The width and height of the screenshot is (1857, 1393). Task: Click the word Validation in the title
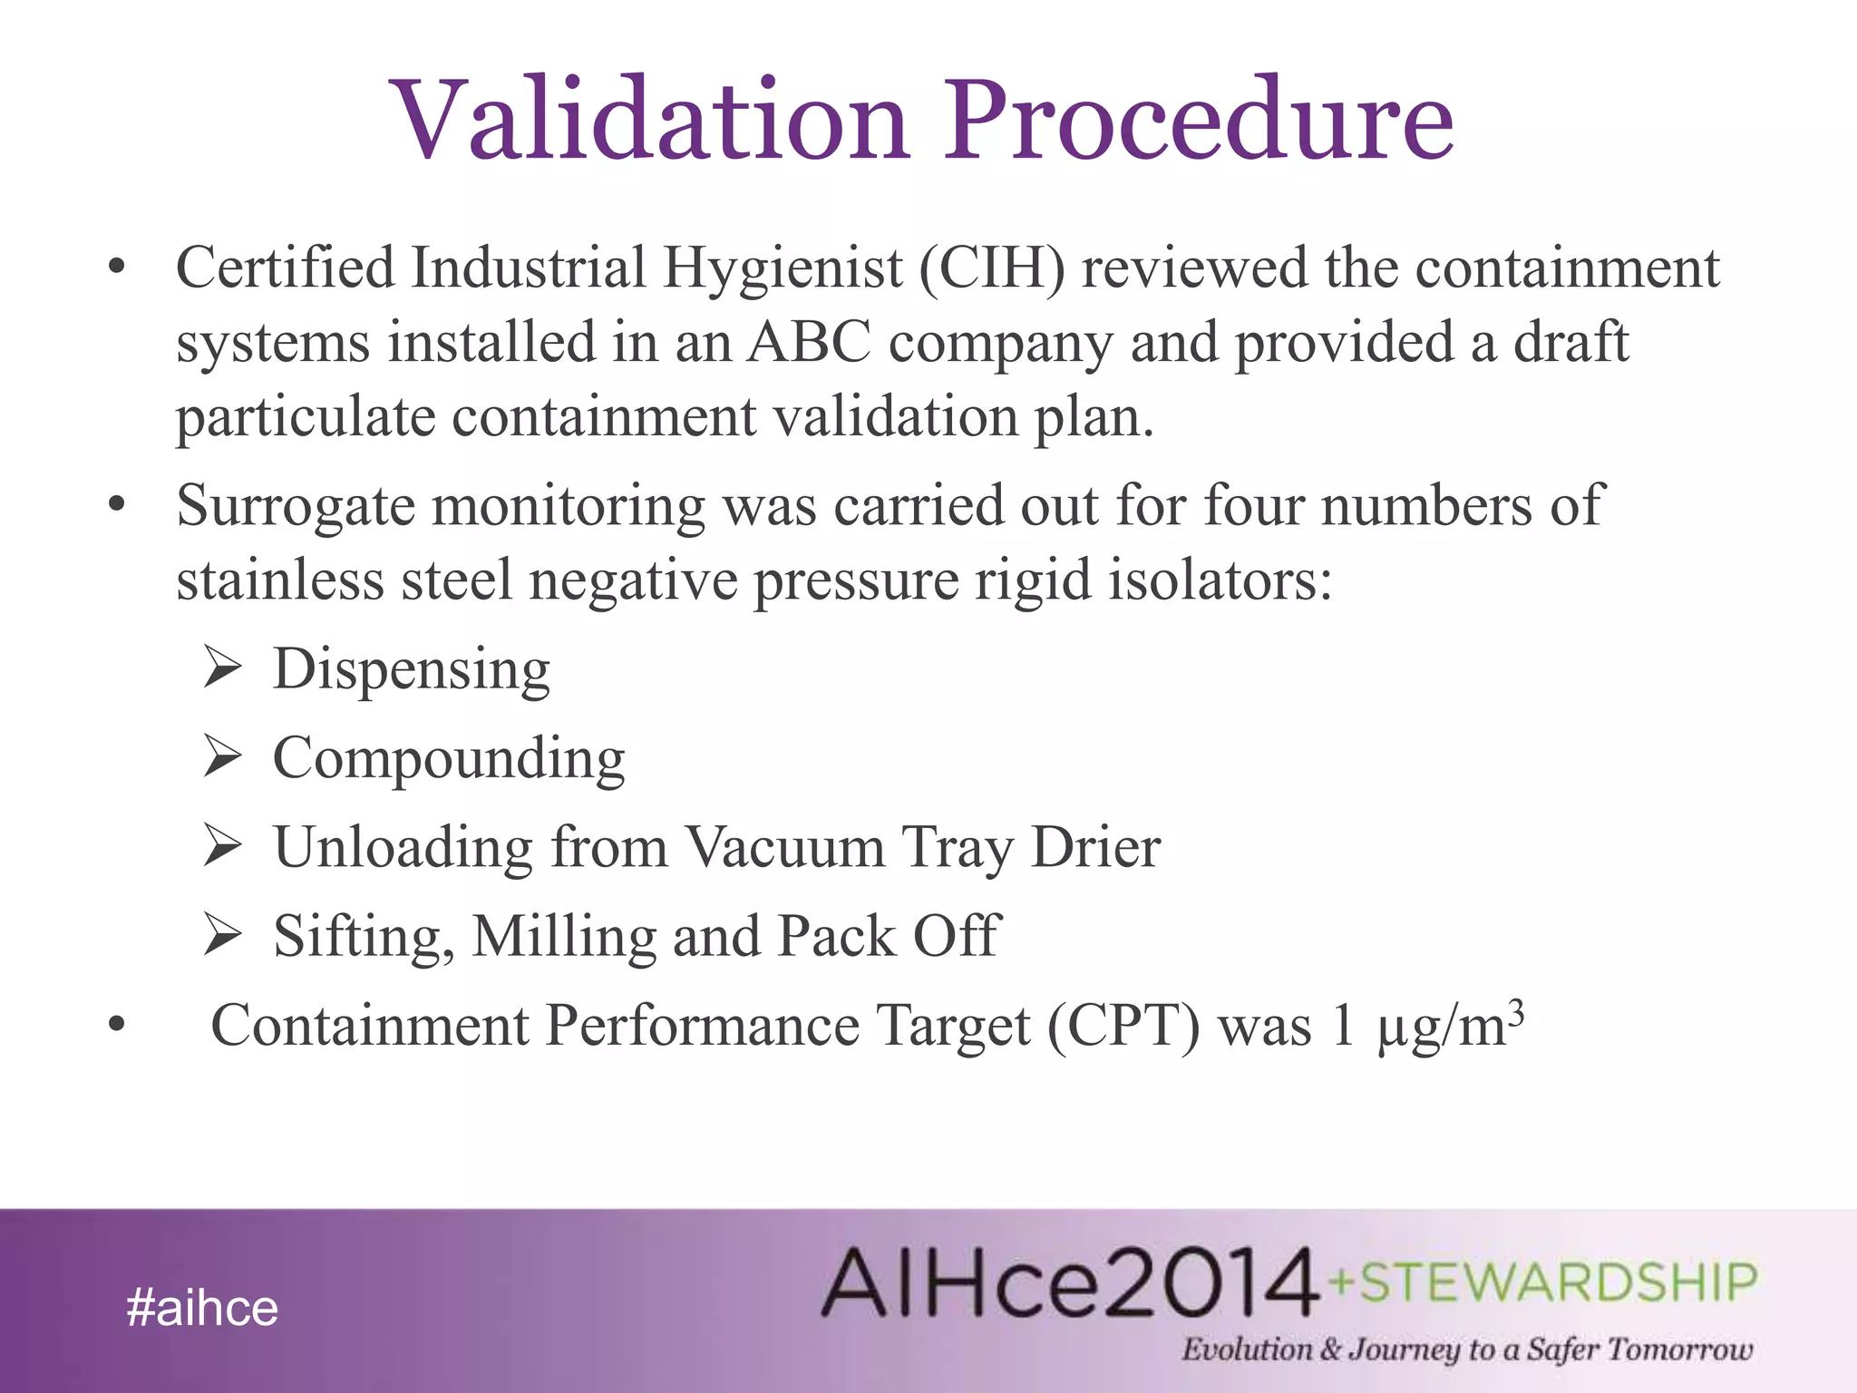(649, 120)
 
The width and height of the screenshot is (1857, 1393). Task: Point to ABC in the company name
(808, 343)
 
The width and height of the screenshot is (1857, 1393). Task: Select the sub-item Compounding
(449, 758)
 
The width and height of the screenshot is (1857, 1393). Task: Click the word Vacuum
(784, 847)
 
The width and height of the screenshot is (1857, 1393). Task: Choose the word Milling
(564, 936)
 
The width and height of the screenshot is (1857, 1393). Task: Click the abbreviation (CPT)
(1123, 1027)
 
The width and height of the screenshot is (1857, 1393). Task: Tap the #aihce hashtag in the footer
(202, 1308)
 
